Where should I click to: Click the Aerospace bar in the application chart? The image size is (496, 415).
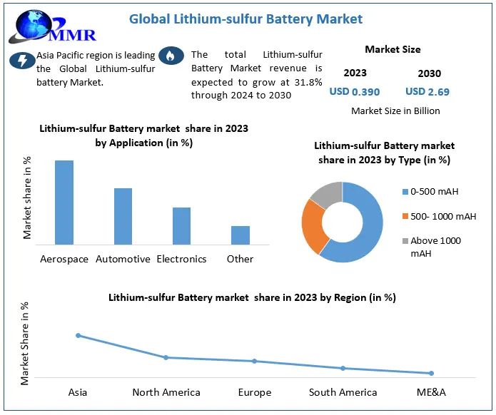[64, 203]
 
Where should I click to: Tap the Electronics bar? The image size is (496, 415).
[181, 226]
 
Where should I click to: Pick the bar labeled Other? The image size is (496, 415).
[240, 235]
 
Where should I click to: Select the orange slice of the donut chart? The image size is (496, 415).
[313, 226]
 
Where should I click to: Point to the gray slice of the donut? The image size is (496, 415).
[328, 194]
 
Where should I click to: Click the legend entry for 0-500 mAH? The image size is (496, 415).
[435, 192]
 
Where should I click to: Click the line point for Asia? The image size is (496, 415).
[78, 335]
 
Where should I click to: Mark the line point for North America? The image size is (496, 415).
[166, 357]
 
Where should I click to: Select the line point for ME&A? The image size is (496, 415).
[431, 373]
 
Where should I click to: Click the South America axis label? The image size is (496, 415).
[343, 392]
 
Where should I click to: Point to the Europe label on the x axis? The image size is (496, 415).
[255, 392]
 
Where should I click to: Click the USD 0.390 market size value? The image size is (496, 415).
[354, 91]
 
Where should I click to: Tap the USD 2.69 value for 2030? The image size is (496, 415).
[427, 91]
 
